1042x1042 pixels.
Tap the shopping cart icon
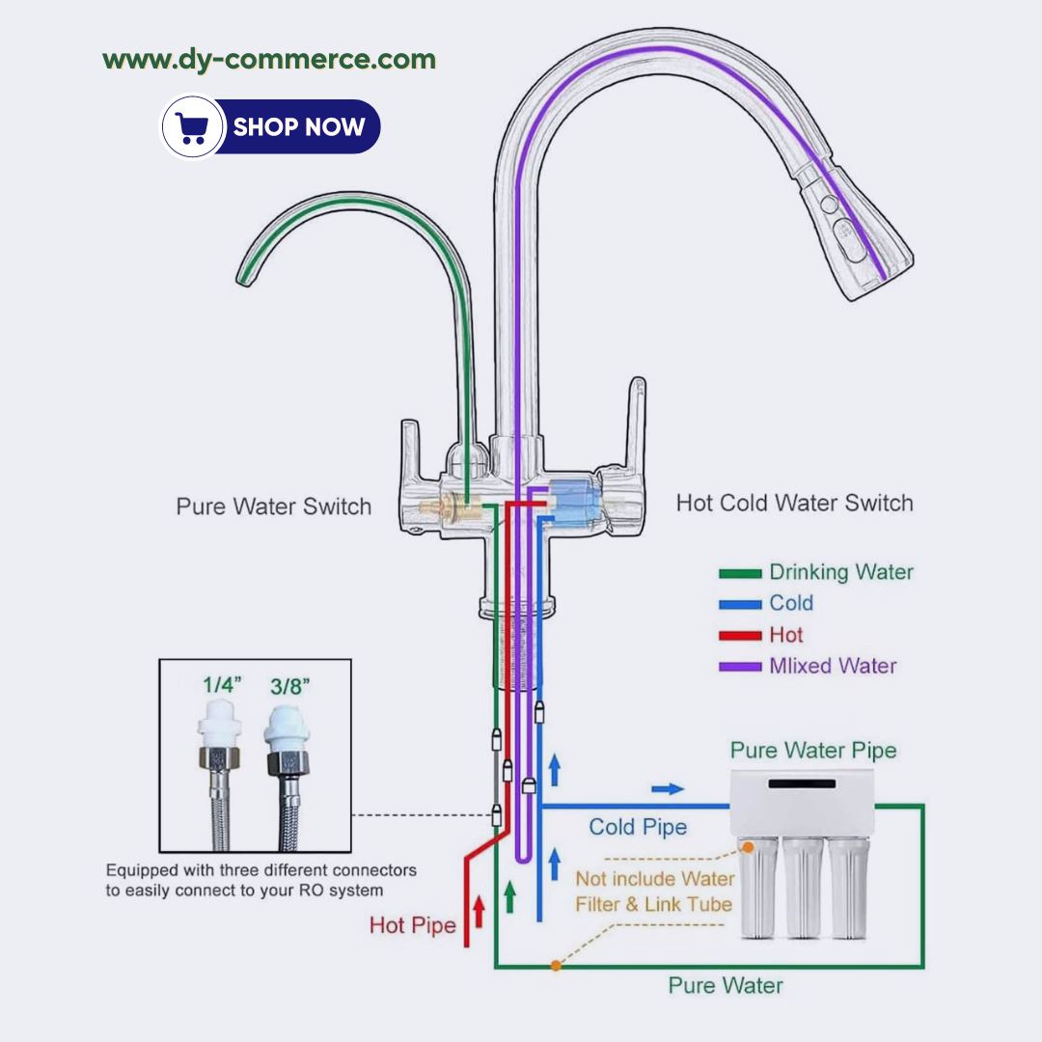192,126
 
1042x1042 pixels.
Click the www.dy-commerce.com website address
269,60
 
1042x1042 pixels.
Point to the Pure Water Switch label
273,507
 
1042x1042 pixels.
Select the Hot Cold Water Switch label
794,503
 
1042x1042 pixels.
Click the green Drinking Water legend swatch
741,573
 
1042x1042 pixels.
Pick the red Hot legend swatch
741,636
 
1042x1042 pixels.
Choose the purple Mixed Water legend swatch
741,667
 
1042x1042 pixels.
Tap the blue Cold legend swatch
741,605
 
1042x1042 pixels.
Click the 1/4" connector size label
222,685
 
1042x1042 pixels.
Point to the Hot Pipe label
412,926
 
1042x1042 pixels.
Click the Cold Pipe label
638,827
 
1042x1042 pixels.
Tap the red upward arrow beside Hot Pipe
479,911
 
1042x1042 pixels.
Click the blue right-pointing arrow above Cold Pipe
668,789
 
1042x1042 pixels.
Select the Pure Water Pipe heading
812,751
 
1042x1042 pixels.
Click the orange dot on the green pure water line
556,965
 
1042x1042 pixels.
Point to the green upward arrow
510,894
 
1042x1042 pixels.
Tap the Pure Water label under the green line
726,986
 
